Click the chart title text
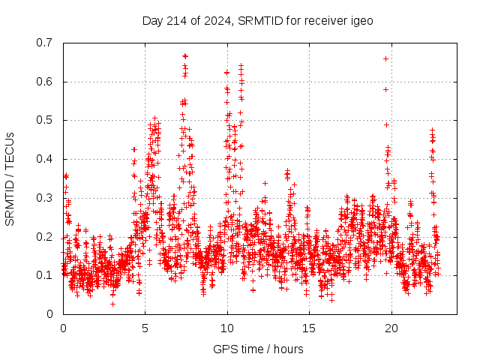(258, 20)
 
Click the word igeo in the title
(362, 20)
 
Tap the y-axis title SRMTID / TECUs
(10, 178)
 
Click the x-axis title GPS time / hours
(258, 349)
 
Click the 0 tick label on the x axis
(63, 328)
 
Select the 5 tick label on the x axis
(145, 328)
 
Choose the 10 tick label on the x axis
(227, 328)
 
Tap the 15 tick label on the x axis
(309, 328)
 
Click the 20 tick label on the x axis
(391, 328)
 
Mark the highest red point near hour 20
(385, 58)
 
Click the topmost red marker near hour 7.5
(185, 55)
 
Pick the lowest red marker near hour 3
(112, 304)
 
